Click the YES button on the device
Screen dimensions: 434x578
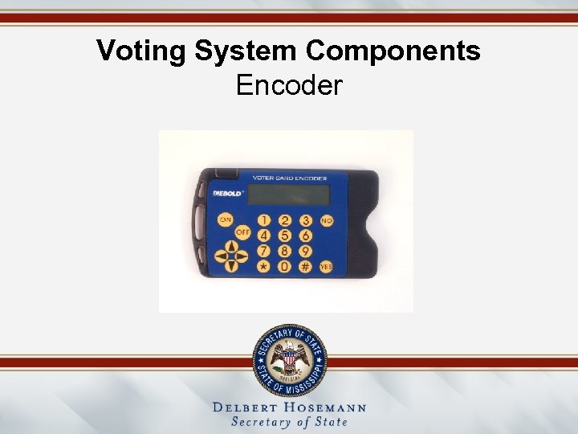click(326, 265)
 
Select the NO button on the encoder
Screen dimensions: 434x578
click(327, 220)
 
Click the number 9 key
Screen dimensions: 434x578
click(305, 251)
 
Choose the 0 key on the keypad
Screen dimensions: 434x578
click(284, 265)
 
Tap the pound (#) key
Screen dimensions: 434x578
click(305, 265)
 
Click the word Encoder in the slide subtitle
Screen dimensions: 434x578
click(289, 84)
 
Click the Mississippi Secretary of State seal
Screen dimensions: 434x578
click(289, 357)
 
